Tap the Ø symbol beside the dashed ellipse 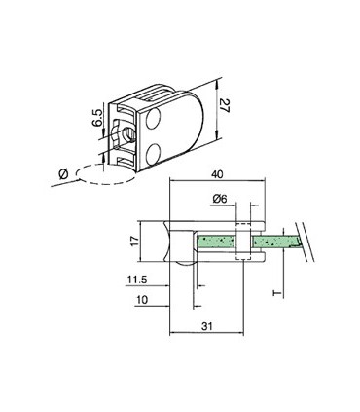pos(65,171)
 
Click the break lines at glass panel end pos(306,243)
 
